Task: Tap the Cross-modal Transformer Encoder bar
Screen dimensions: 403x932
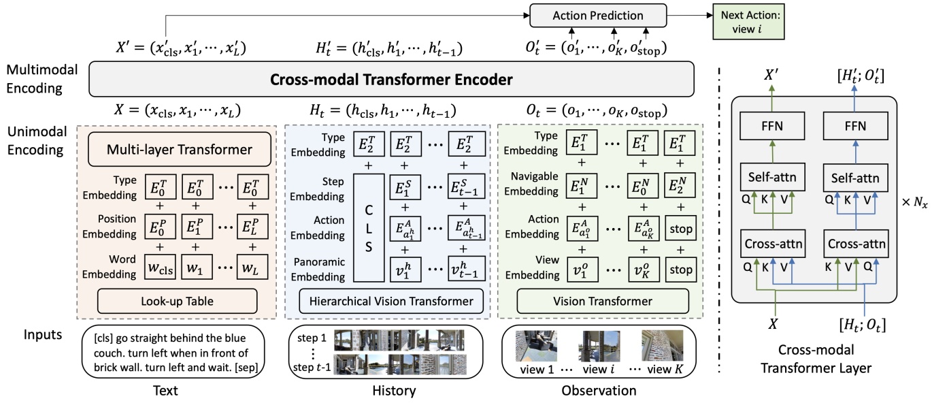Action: [x=392, y=79]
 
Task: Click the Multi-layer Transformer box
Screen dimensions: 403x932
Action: [x=180, y=148]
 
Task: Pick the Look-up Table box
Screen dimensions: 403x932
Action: [x=180, y=300]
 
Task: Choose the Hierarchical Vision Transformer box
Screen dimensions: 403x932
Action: [x=386, y=300]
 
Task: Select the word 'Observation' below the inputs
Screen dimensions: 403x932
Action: [x=599, y=390]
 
